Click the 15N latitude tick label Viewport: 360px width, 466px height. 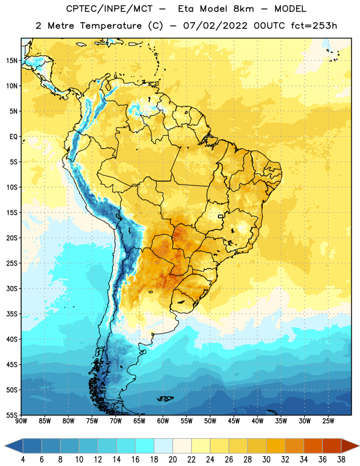[12, 61]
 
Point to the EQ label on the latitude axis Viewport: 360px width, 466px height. [13, 137]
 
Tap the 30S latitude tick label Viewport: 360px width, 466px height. [12, 288]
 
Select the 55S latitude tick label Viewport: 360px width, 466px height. [12, 415]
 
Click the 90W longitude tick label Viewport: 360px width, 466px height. [21, 421]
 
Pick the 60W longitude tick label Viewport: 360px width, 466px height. [163, 421]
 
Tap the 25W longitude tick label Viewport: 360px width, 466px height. [328, 421]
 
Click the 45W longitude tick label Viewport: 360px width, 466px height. [234, 421]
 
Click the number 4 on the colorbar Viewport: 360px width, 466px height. [23, 460]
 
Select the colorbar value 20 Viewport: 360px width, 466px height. [172, 460]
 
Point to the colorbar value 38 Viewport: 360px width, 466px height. [341, 460]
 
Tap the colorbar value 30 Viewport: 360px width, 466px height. [266, 460]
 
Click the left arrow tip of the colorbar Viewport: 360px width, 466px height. [5, 446]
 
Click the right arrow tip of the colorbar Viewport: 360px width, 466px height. [359, 446]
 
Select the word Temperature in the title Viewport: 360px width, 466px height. [111, 26]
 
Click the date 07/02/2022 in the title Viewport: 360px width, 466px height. [215, 26]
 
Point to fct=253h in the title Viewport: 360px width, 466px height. [314, 26]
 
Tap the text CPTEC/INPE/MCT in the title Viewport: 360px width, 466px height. [109, 9]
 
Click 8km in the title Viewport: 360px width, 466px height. [243, 9]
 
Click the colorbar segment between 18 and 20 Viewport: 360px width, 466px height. [163, 446]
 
